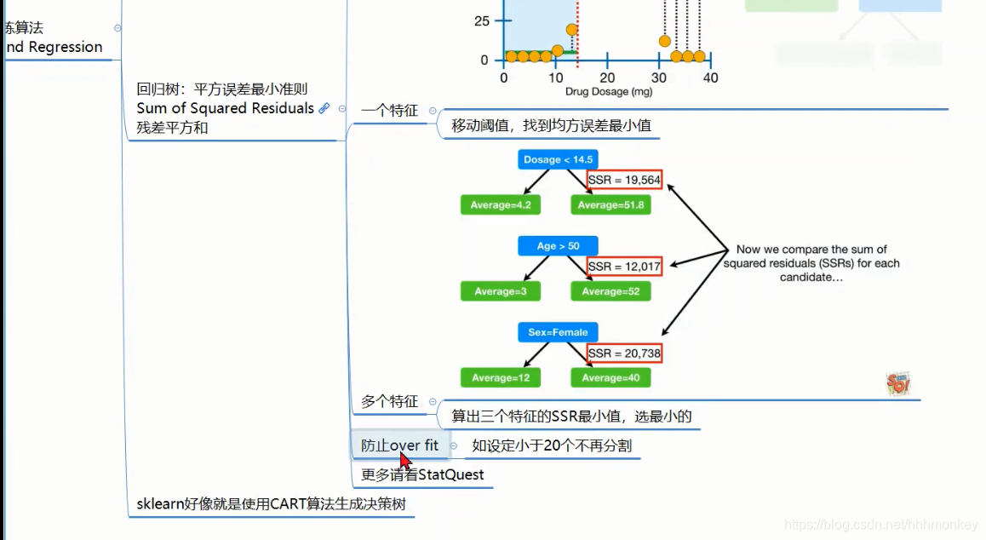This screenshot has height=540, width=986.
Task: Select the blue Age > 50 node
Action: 558,246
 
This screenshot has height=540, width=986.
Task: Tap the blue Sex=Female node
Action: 558,332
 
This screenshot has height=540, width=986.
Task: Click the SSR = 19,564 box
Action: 624,180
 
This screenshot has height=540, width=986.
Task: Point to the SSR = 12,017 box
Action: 624,267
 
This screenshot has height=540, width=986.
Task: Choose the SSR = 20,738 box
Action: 624,353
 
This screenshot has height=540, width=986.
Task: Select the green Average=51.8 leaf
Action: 611,205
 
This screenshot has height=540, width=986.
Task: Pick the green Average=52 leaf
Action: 611,291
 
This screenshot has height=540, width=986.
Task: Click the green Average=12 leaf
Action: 501,377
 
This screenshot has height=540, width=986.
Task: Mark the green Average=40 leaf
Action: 611,377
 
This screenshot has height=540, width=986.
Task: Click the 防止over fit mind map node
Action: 399,445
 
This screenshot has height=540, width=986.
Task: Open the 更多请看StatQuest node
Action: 422,474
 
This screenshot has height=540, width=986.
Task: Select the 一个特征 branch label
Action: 389,111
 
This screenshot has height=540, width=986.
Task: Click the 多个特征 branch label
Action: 389,401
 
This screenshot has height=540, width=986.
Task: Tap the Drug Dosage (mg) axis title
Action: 608,91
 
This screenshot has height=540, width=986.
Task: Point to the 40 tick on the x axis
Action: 710,78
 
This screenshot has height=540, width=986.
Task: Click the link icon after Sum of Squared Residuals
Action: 324,108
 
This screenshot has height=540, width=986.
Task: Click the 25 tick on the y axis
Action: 481,20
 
